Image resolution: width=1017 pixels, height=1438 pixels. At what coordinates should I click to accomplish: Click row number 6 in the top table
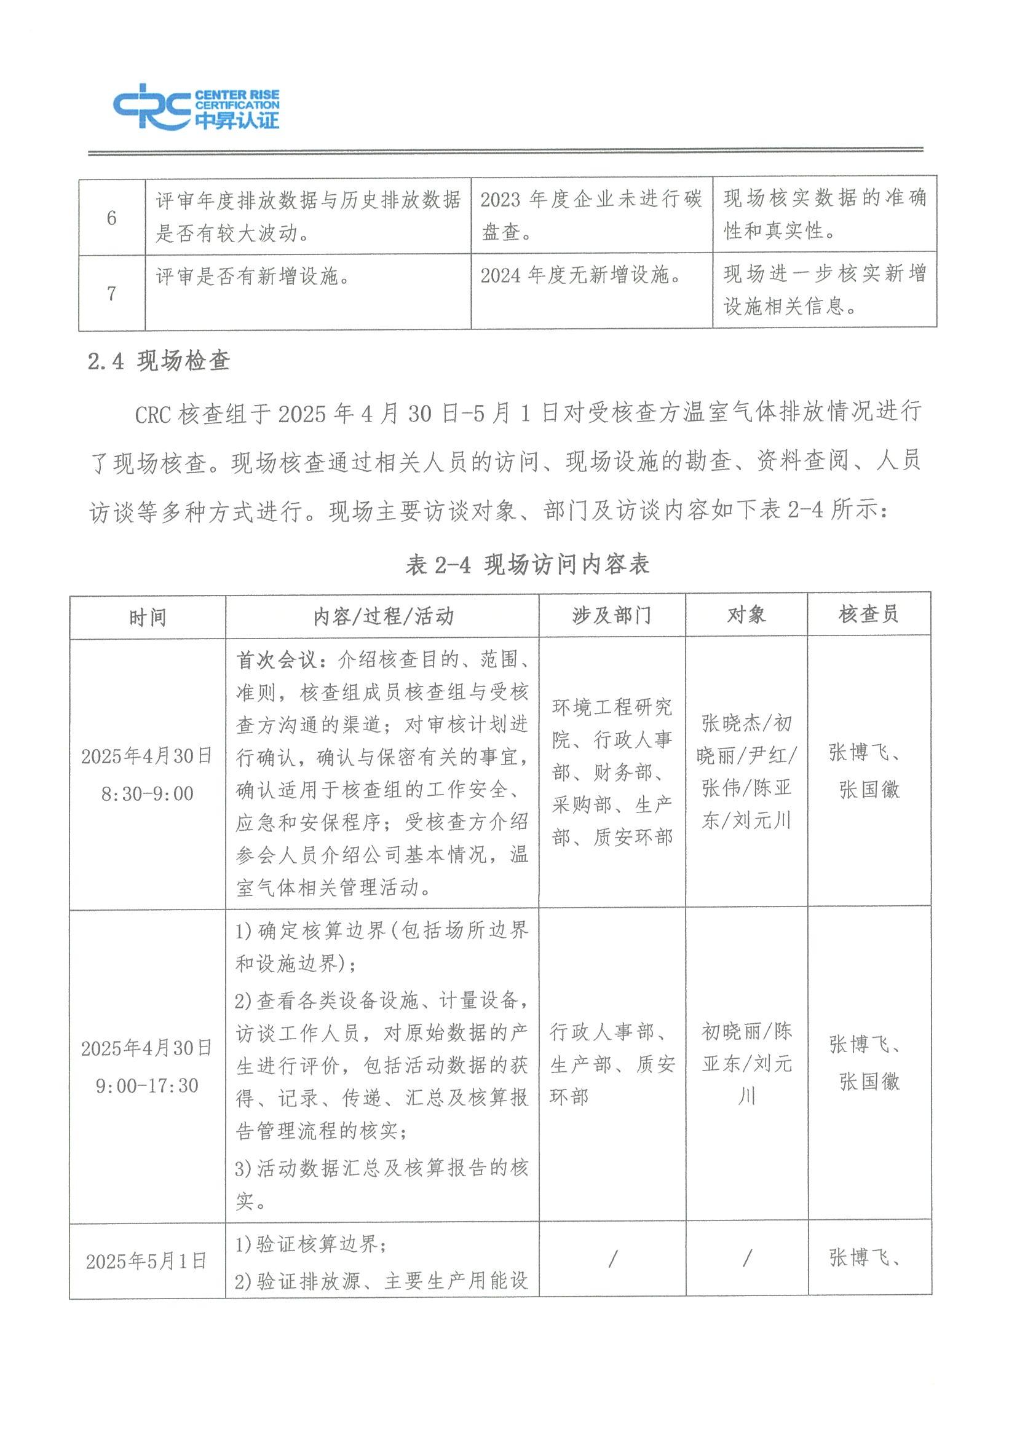[111, 218]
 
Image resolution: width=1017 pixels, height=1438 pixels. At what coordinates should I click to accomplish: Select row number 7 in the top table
[111, 293]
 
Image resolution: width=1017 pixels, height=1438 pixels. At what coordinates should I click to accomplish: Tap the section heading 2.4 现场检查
[159, 361]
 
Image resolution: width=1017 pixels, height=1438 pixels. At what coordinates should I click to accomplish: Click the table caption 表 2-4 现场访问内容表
[527, 564]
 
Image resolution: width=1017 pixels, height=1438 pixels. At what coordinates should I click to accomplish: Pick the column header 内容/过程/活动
[383, 616]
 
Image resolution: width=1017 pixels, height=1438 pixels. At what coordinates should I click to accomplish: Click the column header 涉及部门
[612, 616]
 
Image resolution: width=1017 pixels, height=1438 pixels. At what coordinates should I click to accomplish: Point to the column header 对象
[746, 615]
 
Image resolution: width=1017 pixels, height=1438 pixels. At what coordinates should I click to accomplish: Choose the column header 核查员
[868, 615]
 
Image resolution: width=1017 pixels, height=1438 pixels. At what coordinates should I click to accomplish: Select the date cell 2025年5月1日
[146, 1261]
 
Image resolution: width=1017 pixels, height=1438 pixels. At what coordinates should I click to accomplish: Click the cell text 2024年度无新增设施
[580, 275]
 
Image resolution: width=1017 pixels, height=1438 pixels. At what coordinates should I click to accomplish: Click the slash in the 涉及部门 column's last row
[612, 1259]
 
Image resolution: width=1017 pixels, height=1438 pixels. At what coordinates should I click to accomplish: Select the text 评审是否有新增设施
[253, 276]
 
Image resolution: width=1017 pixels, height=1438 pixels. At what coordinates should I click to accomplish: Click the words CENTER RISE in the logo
[237, 96]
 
